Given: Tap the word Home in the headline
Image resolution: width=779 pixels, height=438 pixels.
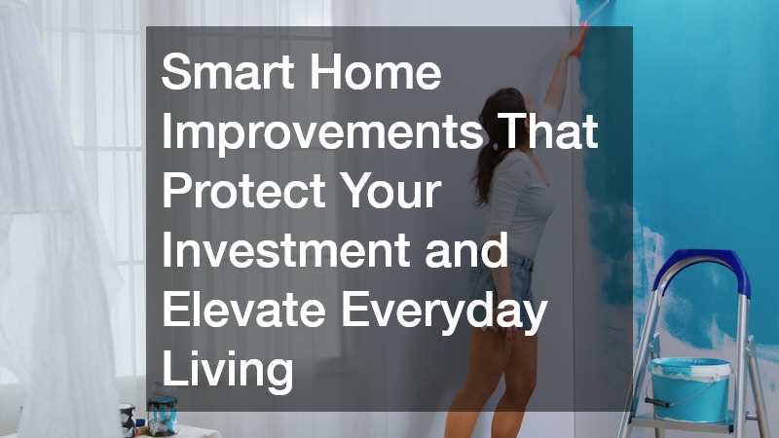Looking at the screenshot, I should coord(386,74).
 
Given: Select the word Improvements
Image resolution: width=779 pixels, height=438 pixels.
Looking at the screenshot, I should coord(320,133).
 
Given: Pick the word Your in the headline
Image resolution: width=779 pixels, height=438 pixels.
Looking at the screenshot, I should coord(398,192).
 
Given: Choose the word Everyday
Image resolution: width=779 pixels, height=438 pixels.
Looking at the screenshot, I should coord(447,309).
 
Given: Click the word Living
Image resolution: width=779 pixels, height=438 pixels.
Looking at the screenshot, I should coord(227,367).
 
